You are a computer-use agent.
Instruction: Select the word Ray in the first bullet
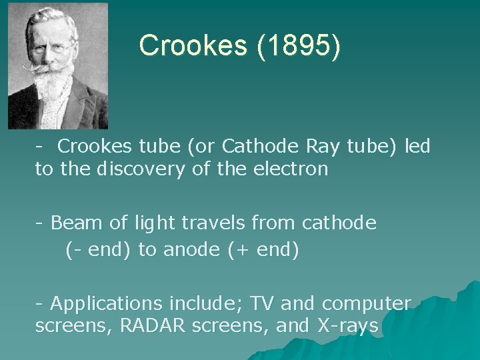[329, 146]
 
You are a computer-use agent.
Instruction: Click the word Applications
[107, 304]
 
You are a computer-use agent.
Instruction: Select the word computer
[367, 304]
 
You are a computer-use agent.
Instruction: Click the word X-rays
[340, 327]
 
